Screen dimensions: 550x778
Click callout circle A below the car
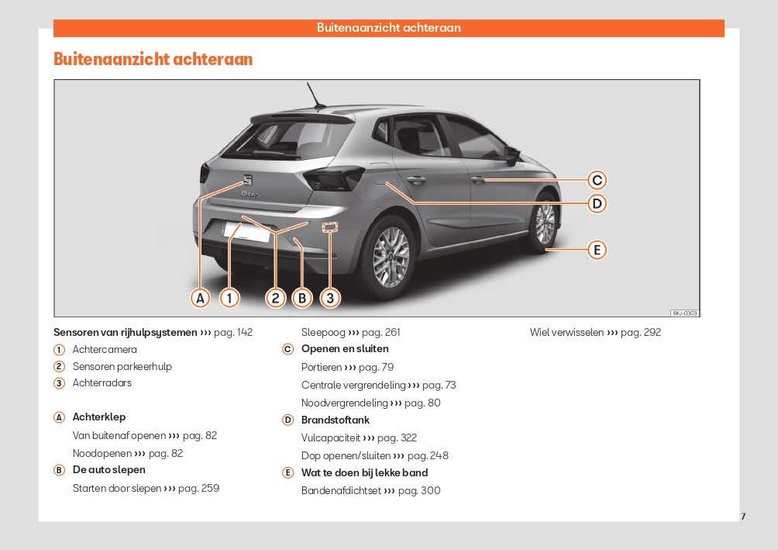pyautogui.click(x=201, y=298)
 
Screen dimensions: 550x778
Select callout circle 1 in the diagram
pyautogui.click(x=229, y=298)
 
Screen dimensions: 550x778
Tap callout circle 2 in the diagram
pyautogui.click(x=275, y=298)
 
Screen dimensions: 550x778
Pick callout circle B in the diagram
pyautogui.click(x=301, y=298)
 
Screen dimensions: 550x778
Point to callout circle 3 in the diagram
pyautogui.click(x=330, y=298)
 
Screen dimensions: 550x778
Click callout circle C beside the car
pyautogui.click(x=596, y=181)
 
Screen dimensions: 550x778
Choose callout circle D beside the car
pyautogui.click(x=596, y=204)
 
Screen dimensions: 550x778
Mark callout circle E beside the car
pyautogui.click(x=596, y=250)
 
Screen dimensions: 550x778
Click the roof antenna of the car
pyautogui.click(x=315, y=96)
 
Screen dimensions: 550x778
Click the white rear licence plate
pyautogui.click(x=246, y=231)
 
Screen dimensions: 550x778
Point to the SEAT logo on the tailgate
pyautogui.click(x=248, y=179)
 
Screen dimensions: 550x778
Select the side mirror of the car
pyautogui.click(x=511, y=154)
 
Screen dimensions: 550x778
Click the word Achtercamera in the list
pyautogui.click(x=105, y=350)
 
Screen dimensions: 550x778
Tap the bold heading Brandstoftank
pyautogui.click(x=335, y=420)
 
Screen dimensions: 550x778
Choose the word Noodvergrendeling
pyautogui.click(x=344, y=403)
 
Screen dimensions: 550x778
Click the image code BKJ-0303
pyautogui.click(x=685, y=313)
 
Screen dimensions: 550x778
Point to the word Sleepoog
pyautogui.click(x=323, y=333)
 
